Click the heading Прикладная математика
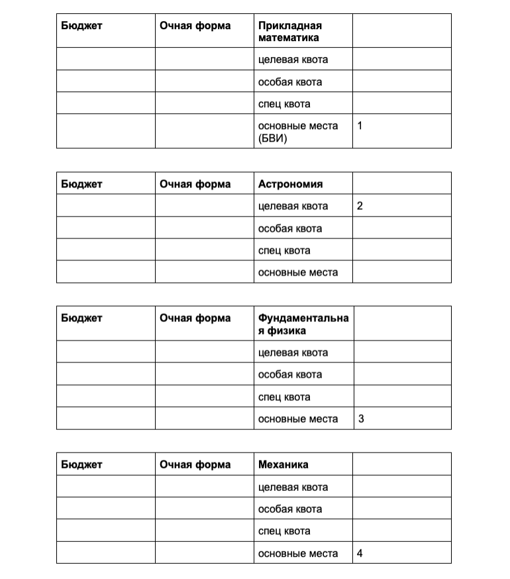point(289,31)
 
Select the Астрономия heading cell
point(290,184)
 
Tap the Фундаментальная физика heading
point(303,324)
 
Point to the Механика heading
point(283,464)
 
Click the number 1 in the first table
point(359,125)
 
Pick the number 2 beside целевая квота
point(360,206)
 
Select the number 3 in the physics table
point(360,419)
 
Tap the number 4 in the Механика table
point(360,553)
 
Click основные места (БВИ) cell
point(297,131)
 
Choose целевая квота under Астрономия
point(293,206)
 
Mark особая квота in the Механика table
point(290,509)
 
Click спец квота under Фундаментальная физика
point(284,397)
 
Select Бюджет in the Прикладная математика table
point(82,26)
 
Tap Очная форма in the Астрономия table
point(195,184)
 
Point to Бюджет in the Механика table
point(82,464)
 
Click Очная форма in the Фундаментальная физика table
point(195,318)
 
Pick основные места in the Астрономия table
point(297,272)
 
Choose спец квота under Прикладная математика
point(284,104)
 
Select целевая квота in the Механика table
point(293,487)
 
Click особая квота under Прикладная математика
point(290,82)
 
